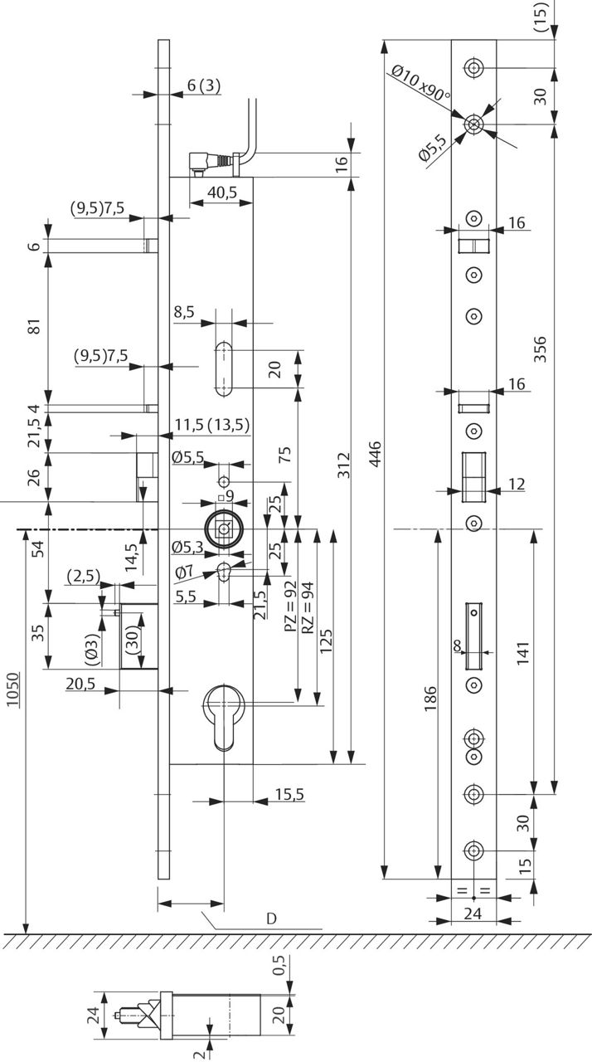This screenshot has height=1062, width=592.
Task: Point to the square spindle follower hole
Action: [x=223, y=529]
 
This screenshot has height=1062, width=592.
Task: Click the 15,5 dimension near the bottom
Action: [x=289, y=794]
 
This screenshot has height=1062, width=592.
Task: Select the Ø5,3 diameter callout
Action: [x=188, y=547]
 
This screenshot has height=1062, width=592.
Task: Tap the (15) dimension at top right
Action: [x=541, y=17]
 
